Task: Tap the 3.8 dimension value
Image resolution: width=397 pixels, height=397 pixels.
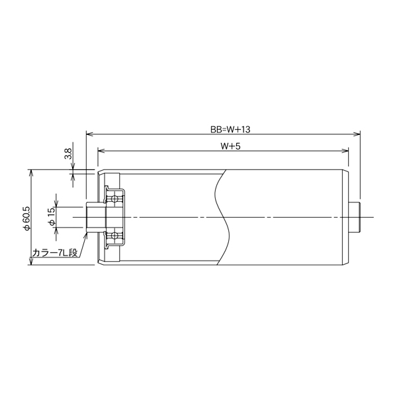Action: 67,155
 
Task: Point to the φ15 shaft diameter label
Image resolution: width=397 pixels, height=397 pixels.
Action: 52,216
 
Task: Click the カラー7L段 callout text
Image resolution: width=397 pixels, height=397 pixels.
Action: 55,253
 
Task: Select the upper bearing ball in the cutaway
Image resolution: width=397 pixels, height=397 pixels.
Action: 116,198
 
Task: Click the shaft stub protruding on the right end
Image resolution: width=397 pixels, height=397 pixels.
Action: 355,217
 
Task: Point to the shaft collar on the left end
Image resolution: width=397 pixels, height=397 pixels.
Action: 95,217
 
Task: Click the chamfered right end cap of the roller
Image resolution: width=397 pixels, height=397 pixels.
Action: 346,217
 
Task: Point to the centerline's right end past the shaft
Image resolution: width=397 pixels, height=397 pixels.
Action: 371,217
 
